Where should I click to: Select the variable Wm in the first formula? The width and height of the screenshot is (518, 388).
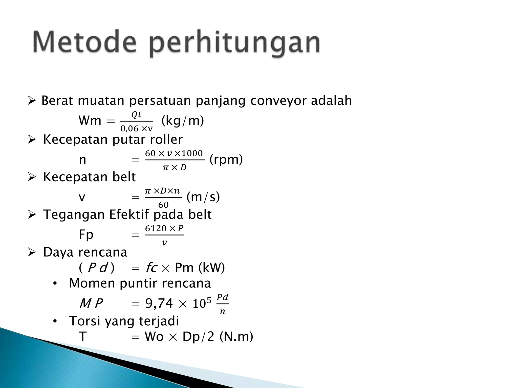[90, 121]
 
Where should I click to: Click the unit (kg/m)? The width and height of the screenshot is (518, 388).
[182, 121]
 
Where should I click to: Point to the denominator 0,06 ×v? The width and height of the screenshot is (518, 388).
[137, 129]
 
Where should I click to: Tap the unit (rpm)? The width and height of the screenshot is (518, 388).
[226, 159]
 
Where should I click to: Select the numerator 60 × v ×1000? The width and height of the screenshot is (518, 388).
[174, 153]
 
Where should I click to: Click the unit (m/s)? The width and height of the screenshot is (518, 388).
[203, 197]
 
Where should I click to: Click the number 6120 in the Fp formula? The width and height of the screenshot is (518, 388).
[156, 228]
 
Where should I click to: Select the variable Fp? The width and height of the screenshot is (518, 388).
[86, 235]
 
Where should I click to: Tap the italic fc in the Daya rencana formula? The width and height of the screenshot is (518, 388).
[151, 268]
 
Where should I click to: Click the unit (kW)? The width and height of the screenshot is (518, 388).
[211, 268]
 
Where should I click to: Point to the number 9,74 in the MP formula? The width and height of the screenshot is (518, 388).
[159, 303]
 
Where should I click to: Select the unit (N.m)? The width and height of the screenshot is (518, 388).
[236, 337]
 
